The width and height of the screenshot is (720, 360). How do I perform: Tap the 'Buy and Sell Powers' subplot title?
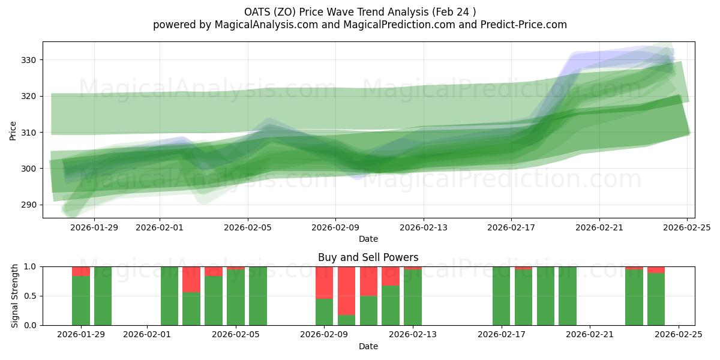coord(368,257)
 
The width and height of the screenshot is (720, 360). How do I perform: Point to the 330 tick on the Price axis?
coord(29,60)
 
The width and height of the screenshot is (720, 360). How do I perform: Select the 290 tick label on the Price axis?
coord(29,205)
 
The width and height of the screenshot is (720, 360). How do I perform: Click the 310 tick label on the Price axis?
coord(29,132)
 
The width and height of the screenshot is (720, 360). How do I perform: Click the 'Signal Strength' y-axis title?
coord(14,296)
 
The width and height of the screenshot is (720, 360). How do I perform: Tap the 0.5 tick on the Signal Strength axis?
coord(29,296)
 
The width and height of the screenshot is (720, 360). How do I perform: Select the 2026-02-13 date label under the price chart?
coord(424,227)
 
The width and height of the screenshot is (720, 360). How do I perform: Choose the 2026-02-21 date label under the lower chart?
coord(589,335)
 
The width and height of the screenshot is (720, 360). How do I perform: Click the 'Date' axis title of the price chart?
coord(368,239)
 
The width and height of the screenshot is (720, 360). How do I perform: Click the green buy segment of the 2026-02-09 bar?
coord(324,312)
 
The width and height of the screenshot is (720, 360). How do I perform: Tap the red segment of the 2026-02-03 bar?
coord(191,279)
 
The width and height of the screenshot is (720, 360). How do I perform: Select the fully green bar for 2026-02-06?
coord(258,296)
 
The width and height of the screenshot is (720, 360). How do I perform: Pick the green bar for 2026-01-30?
coord(103,296)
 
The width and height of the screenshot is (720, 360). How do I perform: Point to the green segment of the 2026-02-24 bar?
coord(656,299)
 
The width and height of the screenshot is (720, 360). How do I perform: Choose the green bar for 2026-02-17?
coord(501,296)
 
